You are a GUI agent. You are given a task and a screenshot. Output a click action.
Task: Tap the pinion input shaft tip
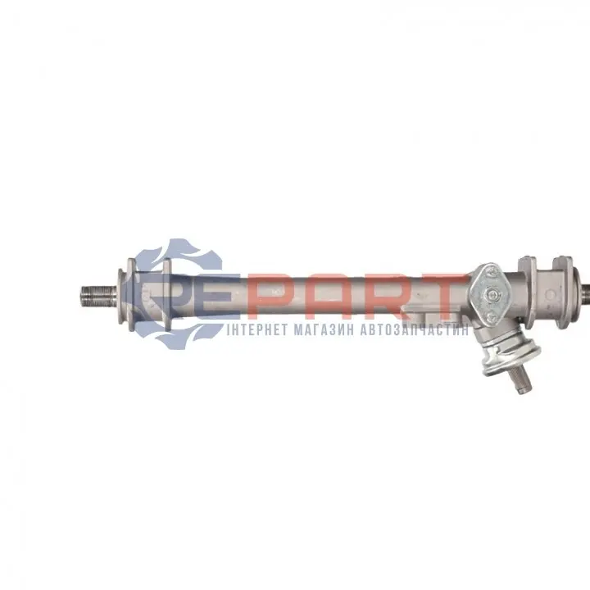tap(523, 391)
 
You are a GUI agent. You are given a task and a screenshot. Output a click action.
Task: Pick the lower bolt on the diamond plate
tap(491, 317)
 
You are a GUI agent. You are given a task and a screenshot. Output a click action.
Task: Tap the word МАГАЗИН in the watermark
tap(323, 330)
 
